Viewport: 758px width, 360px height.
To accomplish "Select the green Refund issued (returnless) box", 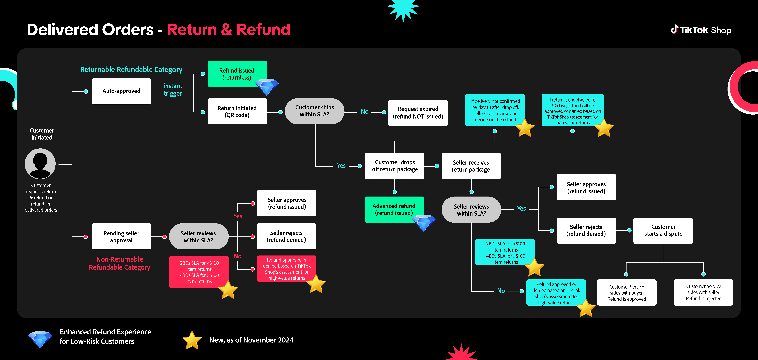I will point(237,74).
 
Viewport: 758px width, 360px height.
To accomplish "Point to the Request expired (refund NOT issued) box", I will point(418,113).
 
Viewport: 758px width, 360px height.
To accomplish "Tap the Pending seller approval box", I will point(121,237).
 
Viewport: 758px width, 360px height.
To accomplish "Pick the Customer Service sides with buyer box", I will point(627,293).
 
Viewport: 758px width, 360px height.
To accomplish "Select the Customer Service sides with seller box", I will point(703,292).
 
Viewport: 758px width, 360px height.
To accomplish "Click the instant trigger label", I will point(173,90).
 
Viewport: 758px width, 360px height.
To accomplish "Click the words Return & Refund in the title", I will point(229,30).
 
